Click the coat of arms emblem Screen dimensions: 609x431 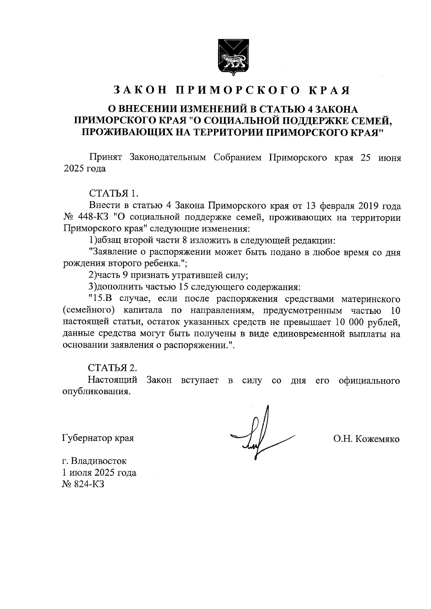(232, 58)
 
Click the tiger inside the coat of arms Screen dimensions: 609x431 (232, 61)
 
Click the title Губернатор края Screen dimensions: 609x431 (98, 438)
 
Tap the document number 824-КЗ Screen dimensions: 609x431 (89, 484)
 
